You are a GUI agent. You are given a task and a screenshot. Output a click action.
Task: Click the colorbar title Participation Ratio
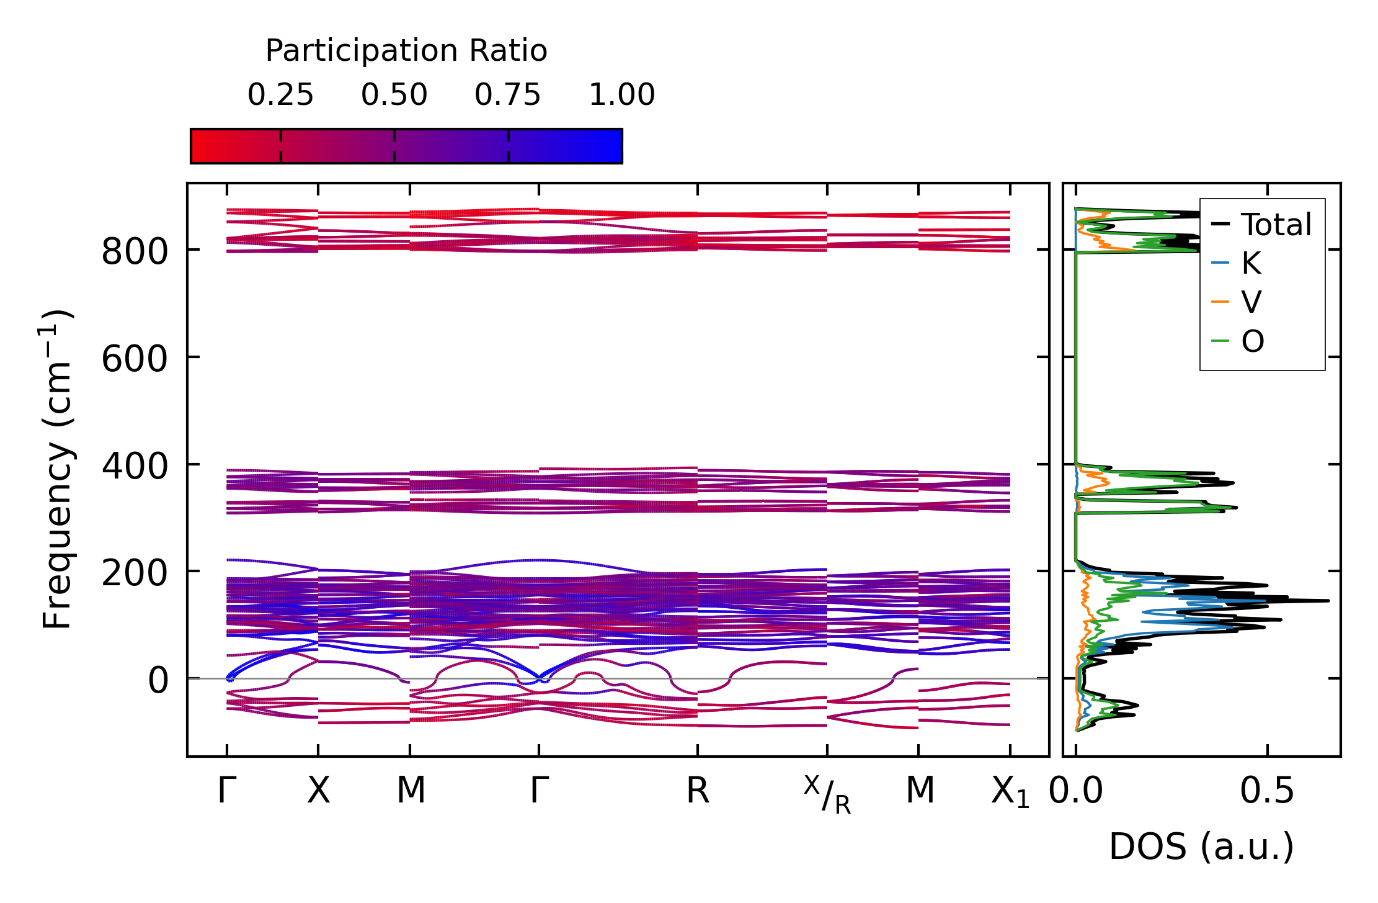point(406,51)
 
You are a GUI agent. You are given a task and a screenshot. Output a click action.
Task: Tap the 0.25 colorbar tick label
point(280,96)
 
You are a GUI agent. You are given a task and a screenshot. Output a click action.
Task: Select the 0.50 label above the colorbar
point(394,96)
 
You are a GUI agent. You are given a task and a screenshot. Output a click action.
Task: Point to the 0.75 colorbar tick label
point(508,96)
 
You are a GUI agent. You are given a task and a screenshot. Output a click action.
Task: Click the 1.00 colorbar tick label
point(621,96)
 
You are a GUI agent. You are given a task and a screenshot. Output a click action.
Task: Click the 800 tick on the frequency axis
point(135,252)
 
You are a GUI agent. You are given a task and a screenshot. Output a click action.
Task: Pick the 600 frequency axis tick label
point(135,359)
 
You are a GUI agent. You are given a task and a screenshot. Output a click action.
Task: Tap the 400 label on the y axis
point(135,467)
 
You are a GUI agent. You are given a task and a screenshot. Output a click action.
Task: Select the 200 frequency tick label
point(135,573)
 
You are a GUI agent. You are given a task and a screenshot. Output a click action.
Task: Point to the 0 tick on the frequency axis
point(158,681)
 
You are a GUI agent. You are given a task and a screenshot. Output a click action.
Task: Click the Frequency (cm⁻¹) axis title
point(58,469)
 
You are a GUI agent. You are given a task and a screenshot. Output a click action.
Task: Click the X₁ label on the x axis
point(1010,793)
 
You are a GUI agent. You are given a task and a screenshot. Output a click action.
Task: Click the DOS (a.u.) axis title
point(1201,847)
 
